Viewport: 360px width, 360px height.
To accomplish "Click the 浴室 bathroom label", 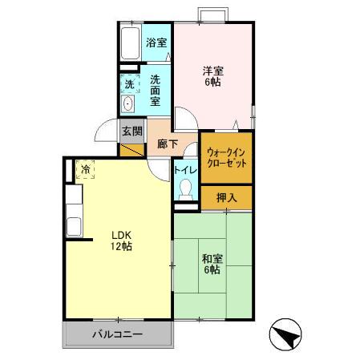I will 156,43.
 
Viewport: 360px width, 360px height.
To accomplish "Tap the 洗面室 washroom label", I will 157,91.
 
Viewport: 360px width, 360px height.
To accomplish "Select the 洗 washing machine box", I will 129,84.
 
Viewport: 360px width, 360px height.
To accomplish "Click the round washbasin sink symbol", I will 128,104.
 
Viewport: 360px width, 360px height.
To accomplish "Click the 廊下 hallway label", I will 167,144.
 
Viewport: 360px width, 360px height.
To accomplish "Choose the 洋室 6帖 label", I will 212,76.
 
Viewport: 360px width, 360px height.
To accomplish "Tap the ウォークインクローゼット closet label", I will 226,156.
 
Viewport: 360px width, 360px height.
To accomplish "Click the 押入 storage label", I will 225,197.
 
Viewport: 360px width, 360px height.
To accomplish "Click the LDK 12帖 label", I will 120,241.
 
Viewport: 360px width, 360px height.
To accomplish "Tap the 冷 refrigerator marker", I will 85,169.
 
